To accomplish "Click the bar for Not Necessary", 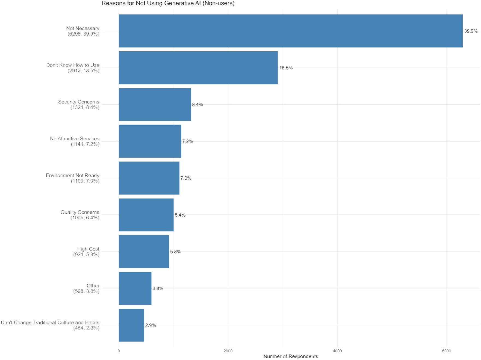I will click(290, 31).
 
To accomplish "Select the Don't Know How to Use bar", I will click(198, 68).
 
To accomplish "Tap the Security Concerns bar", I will click(155, 104).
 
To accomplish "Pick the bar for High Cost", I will click(144, 251).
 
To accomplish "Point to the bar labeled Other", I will click(135, 288).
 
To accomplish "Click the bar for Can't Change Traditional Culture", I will click(131, 325).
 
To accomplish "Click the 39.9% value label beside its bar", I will click(471, 31).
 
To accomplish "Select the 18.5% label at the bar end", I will click(286, 68).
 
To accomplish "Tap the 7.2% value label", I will click(187, 141).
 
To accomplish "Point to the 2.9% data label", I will click(151, 325).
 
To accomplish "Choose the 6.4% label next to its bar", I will click(180, 215).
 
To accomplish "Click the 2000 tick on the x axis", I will click(228, 351).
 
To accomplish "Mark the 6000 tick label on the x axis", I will click(446, 351).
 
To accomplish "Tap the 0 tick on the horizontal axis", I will click(119, 351).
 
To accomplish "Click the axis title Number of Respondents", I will click(290, 356).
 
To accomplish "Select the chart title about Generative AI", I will click(168, 3).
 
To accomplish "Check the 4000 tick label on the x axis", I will click(337, 351).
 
